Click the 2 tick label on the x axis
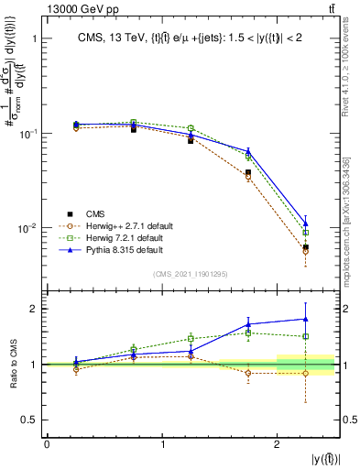pos(278,444)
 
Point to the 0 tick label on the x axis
pos(47,444)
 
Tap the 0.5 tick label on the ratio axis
pos(31,420)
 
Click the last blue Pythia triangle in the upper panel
pos(306,224)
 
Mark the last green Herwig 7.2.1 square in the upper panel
pos(306,233)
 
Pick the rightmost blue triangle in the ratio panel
pos(306,319)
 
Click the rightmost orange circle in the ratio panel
pos(306,373)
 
